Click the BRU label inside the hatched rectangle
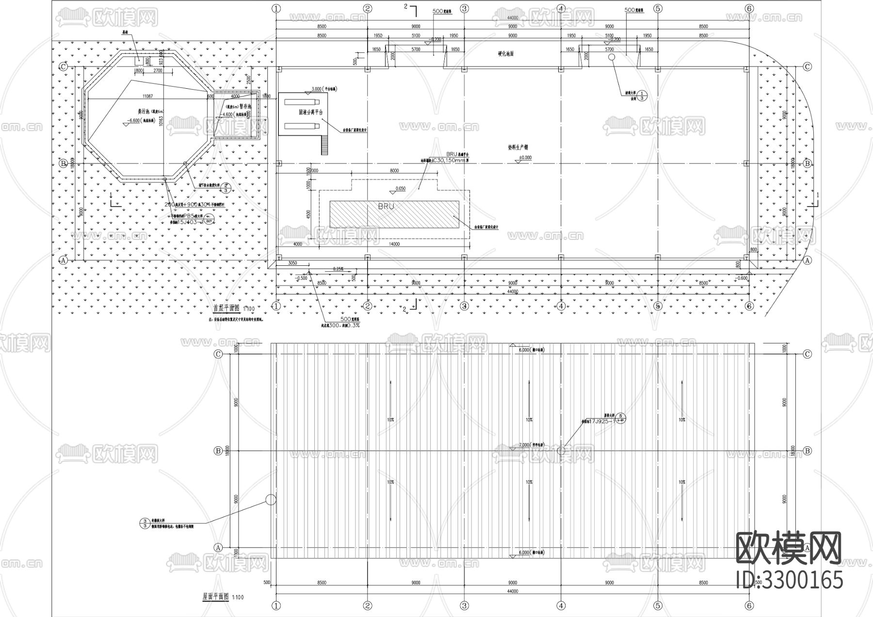click(386, 206)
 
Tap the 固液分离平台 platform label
click(310, 112)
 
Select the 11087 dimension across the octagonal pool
click(148, 97)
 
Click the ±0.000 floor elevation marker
click(525, 158)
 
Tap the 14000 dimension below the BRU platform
click(394, 244)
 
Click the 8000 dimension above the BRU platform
click(394, 171)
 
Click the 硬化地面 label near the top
click(505, 54)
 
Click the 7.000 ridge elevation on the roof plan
click(524, 445)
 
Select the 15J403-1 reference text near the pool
click(190, 222)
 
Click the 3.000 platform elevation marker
click(316, 89)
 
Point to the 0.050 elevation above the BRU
click(401, 188)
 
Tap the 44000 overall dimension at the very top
click(512, 18)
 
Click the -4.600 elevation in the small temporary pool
click(227, 114)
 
